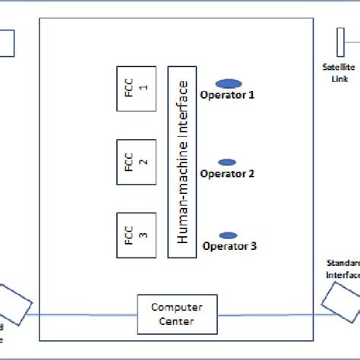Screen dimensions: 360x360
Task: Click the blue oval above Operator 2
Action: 226,162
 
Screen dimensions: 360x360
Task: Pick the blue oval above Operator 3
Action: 226,235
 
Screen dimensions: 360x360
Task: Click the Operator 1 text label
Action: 227,96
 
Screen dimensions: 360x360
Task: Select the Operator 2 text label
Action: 227,174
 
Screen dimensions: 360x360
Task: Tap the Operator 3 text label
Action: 229,246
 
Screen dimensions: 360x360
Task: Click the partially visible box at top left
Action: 7,43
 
